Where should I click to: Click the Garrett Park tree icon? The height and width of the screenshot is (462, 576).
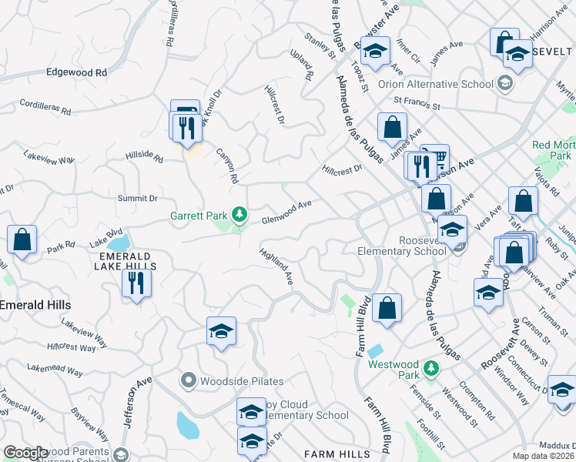(240, 213)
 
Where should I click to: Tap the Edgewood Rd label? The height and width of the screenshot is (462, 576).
(76, 72)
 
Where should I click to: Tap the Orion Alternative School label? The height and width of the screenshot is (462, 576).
(435, 84)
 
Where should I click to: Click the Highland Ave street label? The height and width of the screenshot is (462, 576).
(277, 266)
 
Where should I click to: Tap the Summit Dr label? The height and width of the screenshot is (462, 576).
(137, 199)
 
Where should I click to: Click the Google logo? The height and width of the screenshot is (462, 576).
(25, 454)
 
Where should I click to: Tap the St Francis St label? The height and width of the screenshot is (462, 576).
(417, 104)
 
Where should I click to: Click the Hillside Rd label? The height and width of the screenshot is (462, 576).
(145, 157)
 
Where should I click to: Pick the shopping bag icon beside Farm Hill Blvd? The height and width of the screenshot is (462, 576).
(387, 308)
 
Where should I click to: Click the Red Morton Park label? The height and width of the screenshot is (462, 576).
(553, 150)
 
